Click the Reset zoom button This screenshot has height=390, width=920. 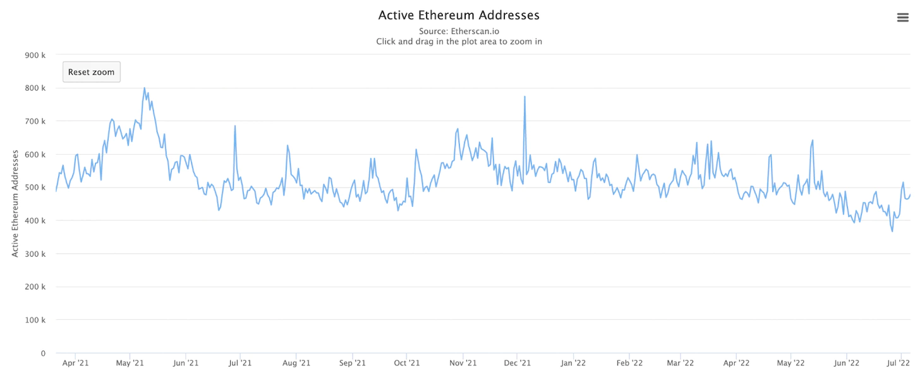tap(91, 72)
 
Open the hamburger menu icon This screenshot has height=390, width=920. tap(903, 18)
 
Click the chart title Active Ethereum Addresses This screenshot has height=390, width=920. tap(459, 15)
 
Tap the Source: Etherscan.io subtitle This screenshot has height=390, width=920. tap(459, 31)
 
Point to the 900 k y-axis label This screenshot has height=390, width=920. tap(35, 55)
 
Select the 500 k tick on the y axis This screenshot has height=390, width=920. tap(35, 187)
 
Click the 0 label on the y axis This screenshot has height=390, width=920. tap(43, 353)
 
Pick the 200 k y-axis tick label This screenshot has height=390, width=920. tap(35, 287)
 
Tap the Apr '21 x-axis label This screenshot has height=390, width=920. tap(75, 363)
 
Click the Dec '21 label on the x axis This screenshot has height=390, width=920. tap(517, 363)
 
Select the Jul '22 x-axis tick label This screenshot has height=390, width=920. tap(899, 363)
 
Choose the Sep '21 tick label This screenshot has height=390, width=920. tap(352, 363)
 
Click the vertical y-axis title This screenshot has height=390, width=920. tap(15, 203)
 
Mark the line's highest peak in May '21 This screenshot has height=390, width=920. tap(145, 88)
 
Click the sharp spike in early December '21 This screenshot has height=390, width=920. tap(524, 97)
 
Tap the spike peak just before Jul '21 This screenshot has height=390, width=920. tap(235, 126)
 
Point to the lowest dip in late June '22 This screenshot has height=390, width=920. tap(892, 231)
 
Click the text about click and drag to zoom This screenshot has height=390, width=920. tap(459, 42)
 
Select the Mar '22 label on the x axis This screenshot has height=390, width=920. tap(681, 363)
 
